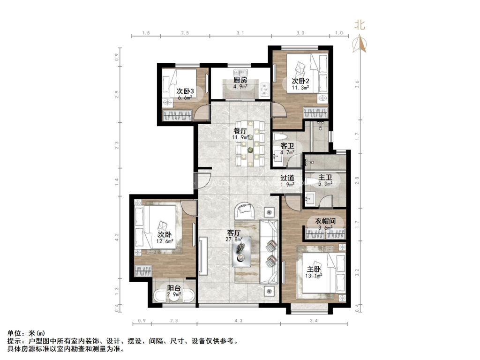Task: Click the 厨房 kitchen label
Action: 240,80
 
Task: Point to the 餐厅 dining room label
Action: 240,131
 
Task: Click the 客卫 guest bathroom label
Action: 287,146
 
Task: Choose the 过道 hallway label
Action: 287,178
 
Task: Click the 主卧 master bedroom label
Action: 314,269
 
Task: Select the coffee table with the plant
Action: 240,252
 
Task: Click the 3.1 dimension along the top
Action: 240,33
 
